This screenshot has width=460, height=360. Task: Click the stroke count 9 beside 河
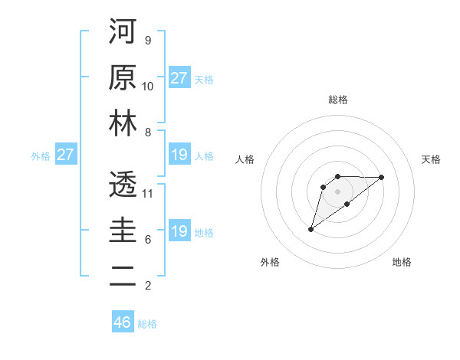coord(147,40)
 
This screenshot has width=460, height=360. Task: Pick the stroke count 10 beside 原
coord(148,86)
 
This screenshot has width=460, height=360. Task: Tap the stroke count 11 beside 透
coord(148,193)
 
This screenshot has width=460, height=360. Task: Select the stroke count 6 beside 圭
coord(147,239)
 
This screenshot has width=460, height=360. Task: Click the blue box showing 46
coord(123,322)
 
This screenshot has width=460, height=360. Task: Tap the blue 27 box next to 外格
coord(66,155)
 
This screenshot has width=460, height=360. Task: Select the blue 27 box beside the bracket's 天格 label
coord(179,78)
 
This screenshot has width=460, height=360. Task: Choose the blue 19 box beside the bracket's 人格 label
coord(179,155)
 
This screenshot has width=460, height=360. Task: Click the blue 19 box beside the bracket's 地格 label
coord(179,231)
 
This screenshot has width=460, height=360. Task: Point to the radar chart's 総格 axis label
coord(337,100)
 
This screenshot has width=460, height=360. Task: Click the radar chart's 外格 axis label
coord(270,262)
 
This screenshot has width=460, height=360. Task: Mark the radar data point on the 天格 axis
coord(382,177)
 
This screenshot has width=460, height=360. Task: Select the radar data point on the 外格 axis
coord(310,229)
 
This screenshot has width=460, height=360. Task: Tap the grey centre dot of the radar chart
coord(337,191)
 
